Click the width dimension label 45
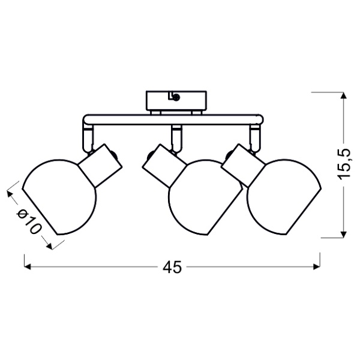[x=172, y=267]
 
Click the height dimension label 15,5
[x=344, y=163]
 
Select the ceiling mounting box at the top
[x=176, y=100]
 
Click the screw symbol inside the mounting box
[x=176, y=98]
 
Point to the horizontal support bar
[x=173, y=119]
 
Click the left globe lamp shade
[x=59, y=197]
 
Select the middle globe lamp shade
[x=205, y=197]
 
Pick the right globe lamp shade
[x=284, y=197]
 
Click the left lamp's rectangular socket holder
[x=100, y=166]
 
